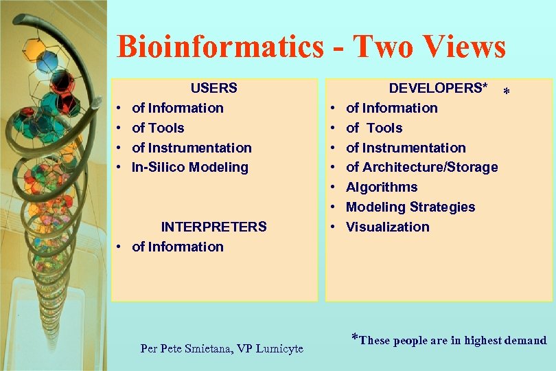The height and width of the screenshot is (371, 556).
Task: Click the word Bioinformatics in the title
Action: (x=220, y=47)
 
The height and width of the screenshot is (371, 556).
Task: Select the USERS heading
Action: (x=213, y=88)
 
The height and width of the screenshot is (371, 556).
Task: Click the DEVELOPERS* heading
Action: (x=438, y=88)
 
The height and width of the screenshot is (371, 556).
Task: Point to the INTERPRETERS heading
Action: (x=213, y=227)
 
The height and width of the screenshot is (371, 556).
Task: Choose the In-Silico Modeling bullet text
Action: (x=189, y=167)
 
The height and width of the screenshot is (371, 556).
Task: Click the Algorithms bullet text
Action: (x=382, y=187)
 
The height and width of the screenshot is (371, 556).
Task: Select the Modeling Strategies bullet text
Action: (x=410, y=207)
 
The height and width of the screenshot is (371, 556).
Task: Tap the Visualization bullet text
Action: (x=387, y=227)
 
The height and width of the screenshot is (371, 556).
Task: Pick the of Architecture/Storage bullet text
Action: (x=421, y=167)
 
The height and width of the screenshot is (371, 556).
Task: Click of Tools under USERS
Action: (x=158, y=128)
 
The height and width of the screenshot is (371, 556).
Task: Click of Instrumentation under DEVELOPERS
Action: (x=406, y=148)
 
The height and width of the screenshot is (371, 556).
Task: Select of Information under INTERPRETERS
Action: (x=177, y=247)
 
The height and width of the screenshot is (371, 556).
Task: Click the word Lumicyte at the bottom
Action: (x=279, y=348)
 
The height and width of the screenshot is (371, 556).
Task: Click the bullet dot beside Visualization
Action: (x=332, y=227)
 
